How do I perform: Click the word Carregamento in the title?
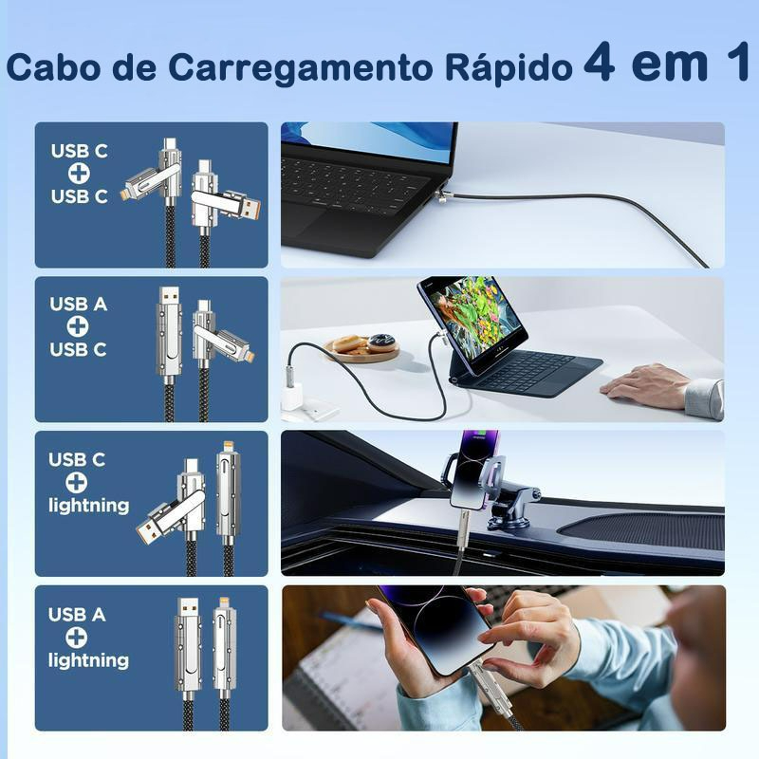click(x=300, y=68)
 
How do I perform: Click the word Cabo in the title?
click(x=56, y=66)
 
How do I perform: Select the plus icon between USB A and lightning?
click(x=77, y=637)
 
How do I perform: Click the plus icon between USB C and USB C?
click(x=79, y=174)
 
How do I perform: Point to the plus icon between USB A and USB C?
click(x=78, y=326)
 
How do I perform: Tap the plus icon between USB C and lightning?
click(x=77, y=482)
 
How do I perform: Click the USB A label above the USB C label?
click(x=79, y=304)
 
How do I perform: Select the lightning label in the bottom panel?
click(x=88, y=660)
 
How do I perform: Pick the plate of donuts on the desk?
click(x=362, y=346)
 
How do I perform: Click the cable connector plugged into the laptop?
click(x=440, y=195)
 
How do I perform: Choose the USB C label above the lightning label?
click(x=77, y=459)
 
